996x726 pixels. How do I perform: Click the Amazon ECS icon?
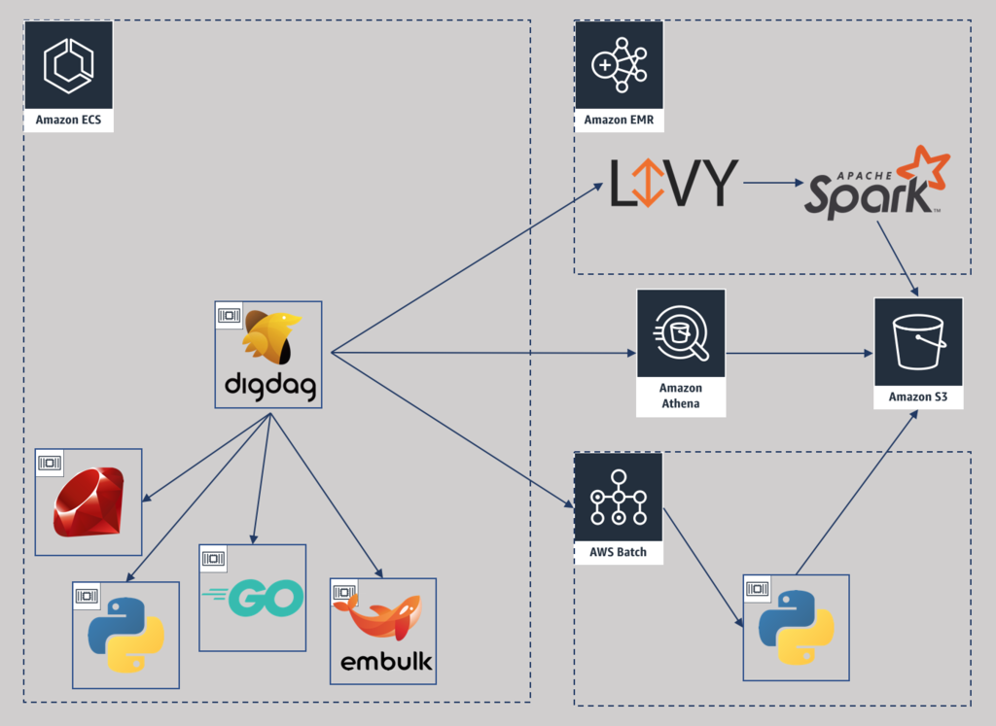(68, 65)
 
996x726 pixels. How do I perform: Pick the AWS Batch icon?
(619, 497)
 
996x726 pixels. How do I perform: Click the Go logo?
(255, 597)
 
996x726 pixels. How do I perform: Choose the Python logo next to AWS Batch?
(797, 627)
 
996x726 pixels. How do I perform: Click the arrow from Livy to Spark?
(771, 183)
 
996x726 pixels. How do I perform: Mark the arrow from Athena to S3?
(798, 354)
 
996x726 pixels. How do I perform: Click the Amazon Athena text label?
(681, 396)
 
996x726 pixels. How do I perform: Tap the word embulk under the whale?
(386, 663)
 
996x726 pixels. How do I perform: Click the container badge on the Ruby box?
(49, 463)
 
